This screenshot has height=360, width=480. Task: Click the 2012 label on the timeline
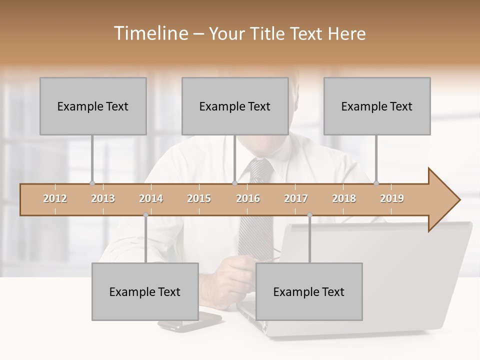pyautogui.click(x=55, y=198)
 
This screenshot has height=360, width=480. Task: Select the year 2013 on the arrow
pyautogui.click(x=103, y=198)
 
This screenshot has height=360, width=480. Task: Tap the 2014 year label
pyautogui.click(x=151, y=198)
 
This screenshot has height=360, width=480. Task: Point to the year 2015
pyautogui.click(x=199, y=198)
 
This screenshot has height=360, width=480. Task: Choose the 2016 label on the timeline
pyautogui.click(x=248, y=198)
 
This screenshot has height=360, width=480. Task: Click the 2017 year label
pyautogui.click(x=296, y=198)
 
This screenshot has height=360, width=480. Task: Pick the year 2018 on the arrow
pyautogui.click(x=344, y=198)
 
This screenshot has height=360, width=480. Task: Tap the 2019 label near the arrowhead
pyautogui.click(x=392, y=198)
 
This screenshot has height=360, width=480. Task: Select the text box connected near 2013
pyautogui.click(x=93, y=106)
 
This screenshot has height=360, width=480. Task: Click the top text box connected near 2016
pyautogui.click(x=235, y=106)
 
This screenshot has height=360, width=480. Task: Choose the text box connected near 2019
pyautogui.click(x=377, y=106)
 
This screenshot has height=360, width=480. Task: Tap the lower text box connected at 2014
pyautogui.click(x=145, y=291)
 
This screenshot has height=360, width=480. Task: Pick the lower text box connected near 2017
pyautogui.click(x=309, y=291)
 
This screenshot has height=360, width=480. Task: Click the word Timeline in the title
pyautogui.click(x=150, y=33)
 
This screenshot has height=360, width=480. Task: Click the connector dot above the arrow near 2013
pyautogui.click(x=92, y=183)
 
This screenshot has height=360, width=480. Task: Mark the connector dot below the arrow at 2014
pyautogui.click(x=145, y=215)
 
